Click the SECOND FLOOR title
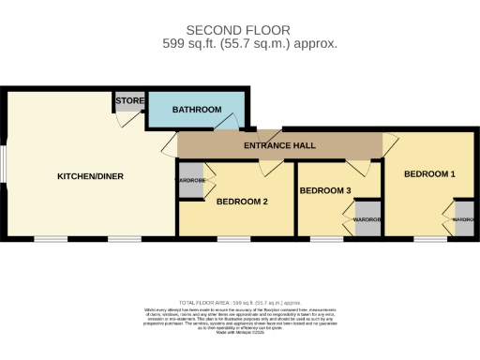tap(238, 30)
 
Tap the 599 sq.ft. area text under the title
tap(238, 43)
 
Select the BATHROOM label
tap(196, 110)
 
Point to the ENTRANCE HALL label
tap(279, 147)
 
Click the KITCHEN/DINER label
tap(90, 176)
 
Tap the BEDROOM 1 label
tap(429, 174)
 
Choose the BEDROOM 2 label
tap(242, 202)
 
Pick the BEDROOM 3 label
tap(324, 191)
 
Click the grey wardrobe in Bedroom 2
tap(191, 181)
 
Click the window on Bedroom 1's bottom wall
tap(428, 240)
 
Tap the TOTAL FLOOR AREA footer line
tap(239, 303)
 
